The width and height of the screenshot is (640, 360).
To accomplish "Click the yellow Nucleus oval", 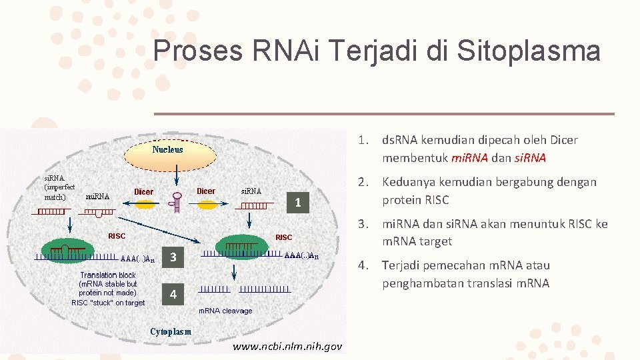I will coord(167,154).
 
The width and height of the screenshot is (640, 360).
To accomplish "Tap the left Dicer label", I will coord(143,192).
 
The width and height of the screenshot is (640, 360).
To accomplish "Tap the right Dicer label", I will coord(205,191).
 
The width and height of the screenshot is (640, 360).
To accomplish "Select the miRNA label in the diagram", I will coord(98,197).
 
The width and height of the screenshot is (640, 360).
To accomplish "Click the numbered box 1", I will coord(299,203).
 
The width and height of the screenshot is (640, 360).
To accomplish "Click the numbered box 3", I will coord(173,258).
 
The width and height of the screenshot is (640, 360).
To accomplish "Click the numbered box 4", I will coord(173,294).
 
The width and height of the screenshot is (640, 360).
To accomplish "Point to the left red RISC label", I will coord(117,235).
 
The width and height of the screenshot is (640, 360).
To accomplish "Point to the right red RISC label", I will coord(283,237).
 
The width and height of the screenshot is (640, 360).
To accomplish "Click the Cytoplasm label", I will coord(171,331).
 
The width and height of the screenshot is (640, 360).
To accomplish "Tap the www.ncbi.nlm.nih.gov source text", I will coord(287,347).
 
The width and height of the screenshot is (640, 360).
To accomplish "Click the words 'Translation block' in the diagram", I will coord(108,275).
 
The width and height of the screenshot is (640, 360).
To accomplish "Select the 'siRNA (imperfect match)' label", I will coord(59,187).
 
